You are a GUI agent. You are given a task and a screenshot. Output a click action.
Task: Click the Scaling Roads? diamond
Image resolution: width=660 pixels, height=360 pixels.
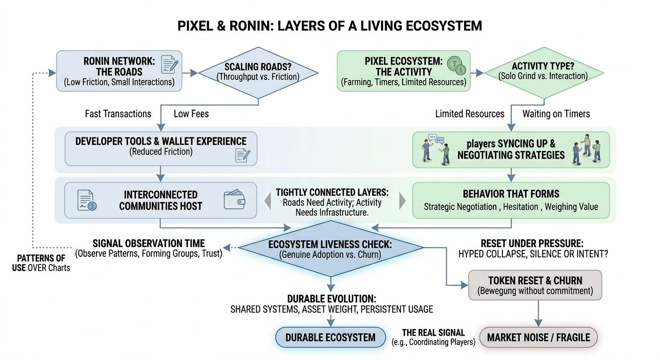pyautogui.click(x=258, y=73)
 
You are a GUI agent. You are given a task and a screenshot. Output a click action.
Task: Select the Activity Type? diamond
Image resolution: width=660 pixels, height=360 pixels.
pyautogui.click(x=543, y=72)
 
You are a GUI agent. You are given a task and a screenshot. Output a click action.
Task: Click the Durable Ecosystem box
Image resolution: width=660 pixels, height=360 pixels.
pyautogui.click(x=330, y=337)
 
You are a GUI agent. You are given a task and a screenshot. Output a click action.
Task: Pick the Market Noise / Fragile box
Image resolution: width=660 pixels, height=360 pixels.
pyautogui.click(x=539, y=337)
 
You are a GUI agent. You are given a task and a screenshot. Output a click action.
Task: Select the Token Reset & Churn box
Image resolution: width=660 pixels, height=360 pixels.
pyautogui.click(x=535, y=285)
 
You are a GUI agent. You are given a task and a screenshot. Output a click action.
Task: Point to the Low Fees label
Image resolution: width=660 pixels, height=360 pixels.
pyautogui.click(x=191, y=114)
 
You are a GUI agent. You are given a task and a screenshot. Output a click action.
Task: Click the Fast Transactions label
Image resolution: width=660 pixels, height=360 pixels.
pyautogui.click(x=118, y=114)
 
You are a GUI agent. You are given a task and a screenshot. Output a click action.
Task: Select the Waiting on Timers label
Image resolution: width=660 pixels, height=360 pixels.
pyautogui.click(x=556, y=114)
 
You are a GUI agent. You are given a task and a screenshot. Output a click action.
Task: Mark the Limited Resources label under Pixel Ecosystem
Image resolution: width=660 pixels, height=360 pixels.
pyautogui.click(x=470, y=114)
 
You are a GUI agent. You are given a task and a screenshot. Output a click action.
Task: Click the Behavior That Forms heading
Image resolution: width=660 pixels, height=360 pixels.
pyautogui.click(x=510, y=194)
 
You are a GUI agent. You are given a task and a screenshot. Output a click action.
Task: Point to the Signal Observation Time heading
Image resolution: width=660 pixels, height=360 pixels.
pyautogui.click(x=149, y=243)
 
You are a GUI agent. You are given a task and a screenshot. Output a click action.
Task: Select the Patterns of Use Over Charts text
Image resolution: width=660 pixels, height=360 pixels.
pyautogui.click(x=41, y=263)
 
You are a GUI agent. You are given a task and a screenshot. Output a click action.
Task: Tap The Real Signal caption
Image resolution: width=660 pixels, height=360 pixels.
pyautogui.click(x=433, y=333)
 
